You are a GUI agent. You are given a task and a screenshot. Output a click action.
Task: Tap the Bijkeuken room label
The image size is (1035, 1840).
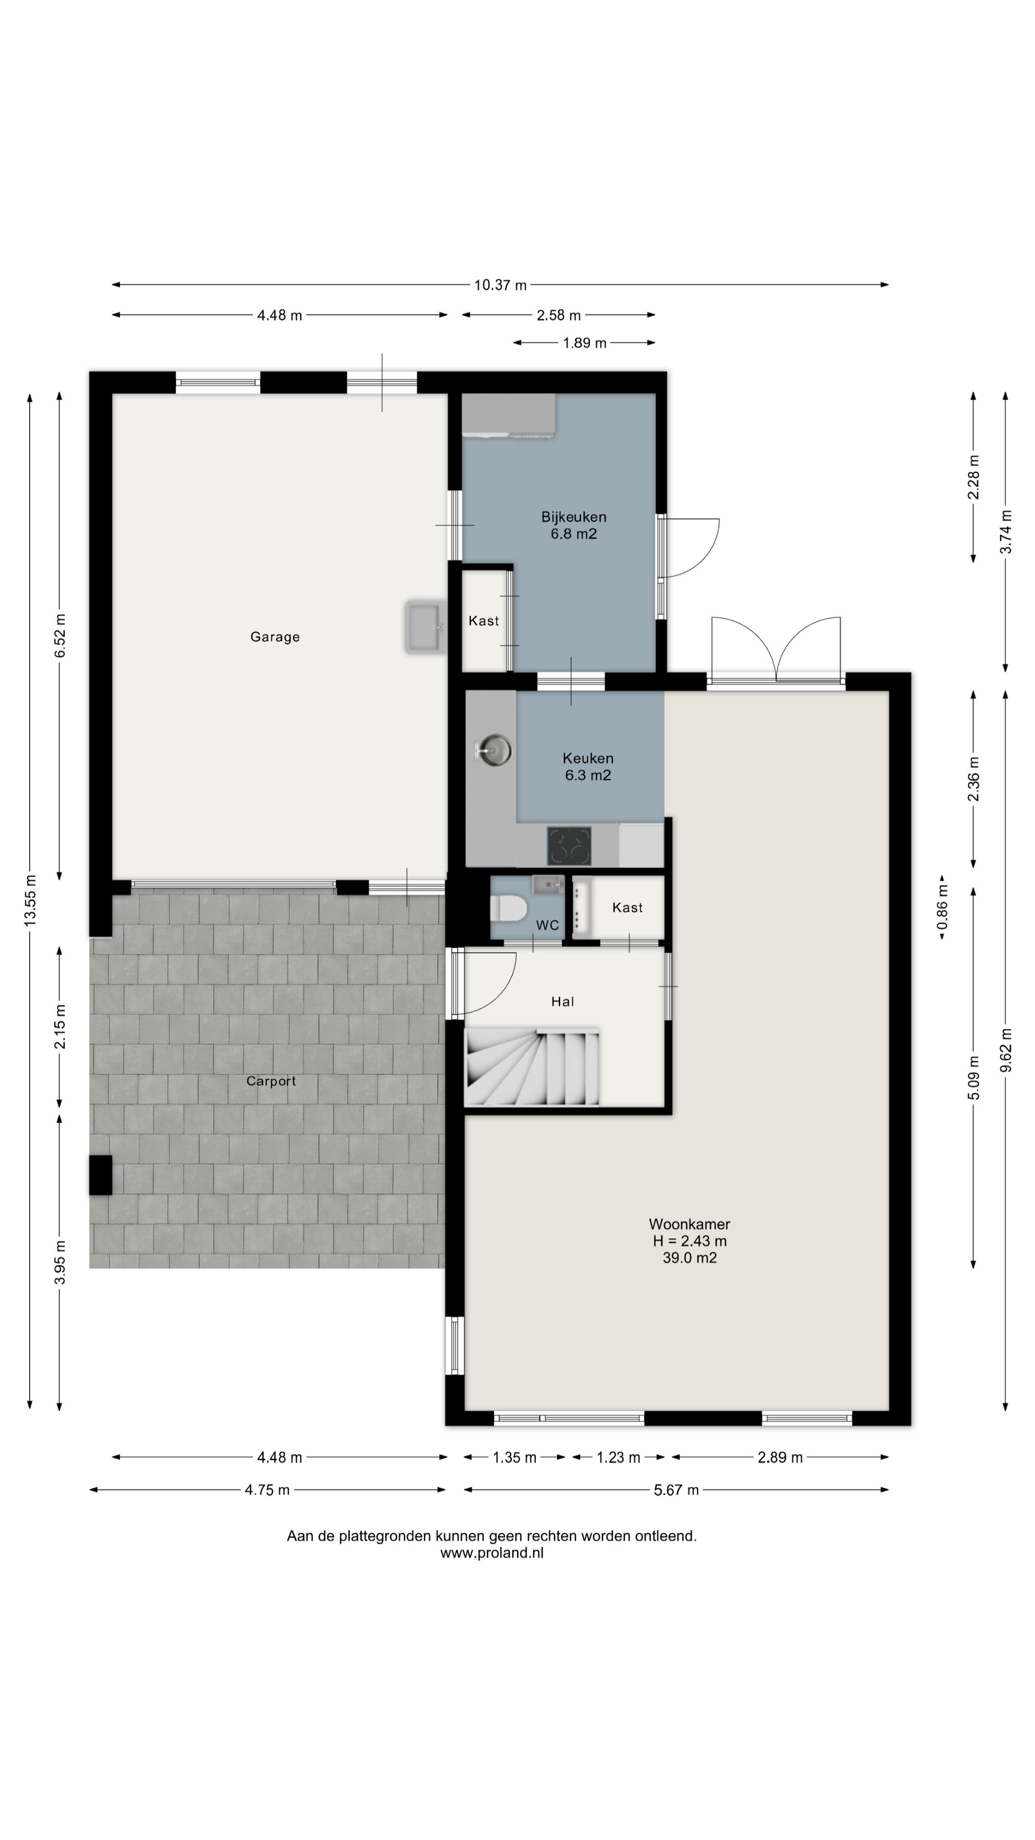point(573,517)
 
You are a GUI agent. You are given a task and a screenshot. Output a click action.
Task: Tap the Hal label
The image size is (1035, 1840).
point(562,1001)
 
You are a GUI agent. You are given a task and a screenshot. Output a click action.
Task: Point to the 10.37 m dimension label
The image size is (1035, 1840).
point(500,285)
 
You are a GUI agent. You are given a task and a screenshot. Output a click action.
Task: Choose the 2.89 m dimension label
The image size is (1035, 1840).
point(780,1457)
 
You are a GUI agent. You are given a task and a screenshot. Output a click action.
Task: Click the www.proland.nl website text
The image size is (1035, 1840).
point(492,1552)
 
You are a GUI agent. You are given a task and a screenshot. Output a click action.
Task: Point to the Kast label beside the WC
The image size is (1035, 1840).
point(627,907)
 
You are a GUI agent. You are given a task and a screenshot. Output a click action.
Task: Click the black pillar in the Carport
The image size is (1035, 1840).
point(101,1175)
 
